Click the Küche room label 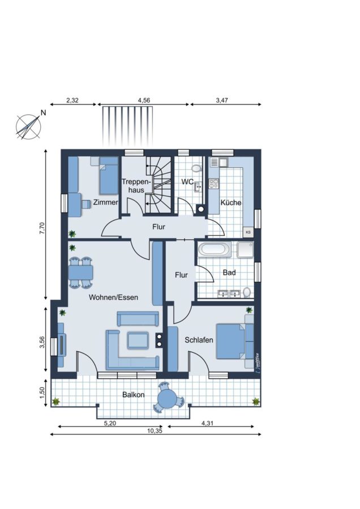pyautogui.click(x=231, y=202)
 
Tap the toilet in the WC pyautogui.click(x=196, y=168)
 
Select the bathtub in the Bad pyautogui.click(x=214, y=249)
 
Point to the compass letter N pyautogui.click(x=43, y=113)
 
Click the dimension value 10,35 pyautogui.click(x=155, y=431)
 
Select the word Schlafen pyautogui.click(x=199, y=340)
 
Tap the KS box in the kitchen pyautogui.click(x=248, y=232)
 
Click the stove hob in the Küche pyautogui.click(x=214, y=184)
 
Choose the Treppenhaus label pyautogui.click(x=136, y=186)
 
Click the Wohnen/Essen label pyautogui.click(x=113, y=297)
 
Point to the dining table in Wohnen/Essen pyautogui.click(x=80, y=273)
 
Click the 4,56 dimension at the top pyautogui.click(x=144, y=100)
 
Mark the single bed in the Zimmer pyautogui.click(x=109, y=176)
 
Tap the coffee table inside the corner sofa pyautogui.click(x=138, y=340)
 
